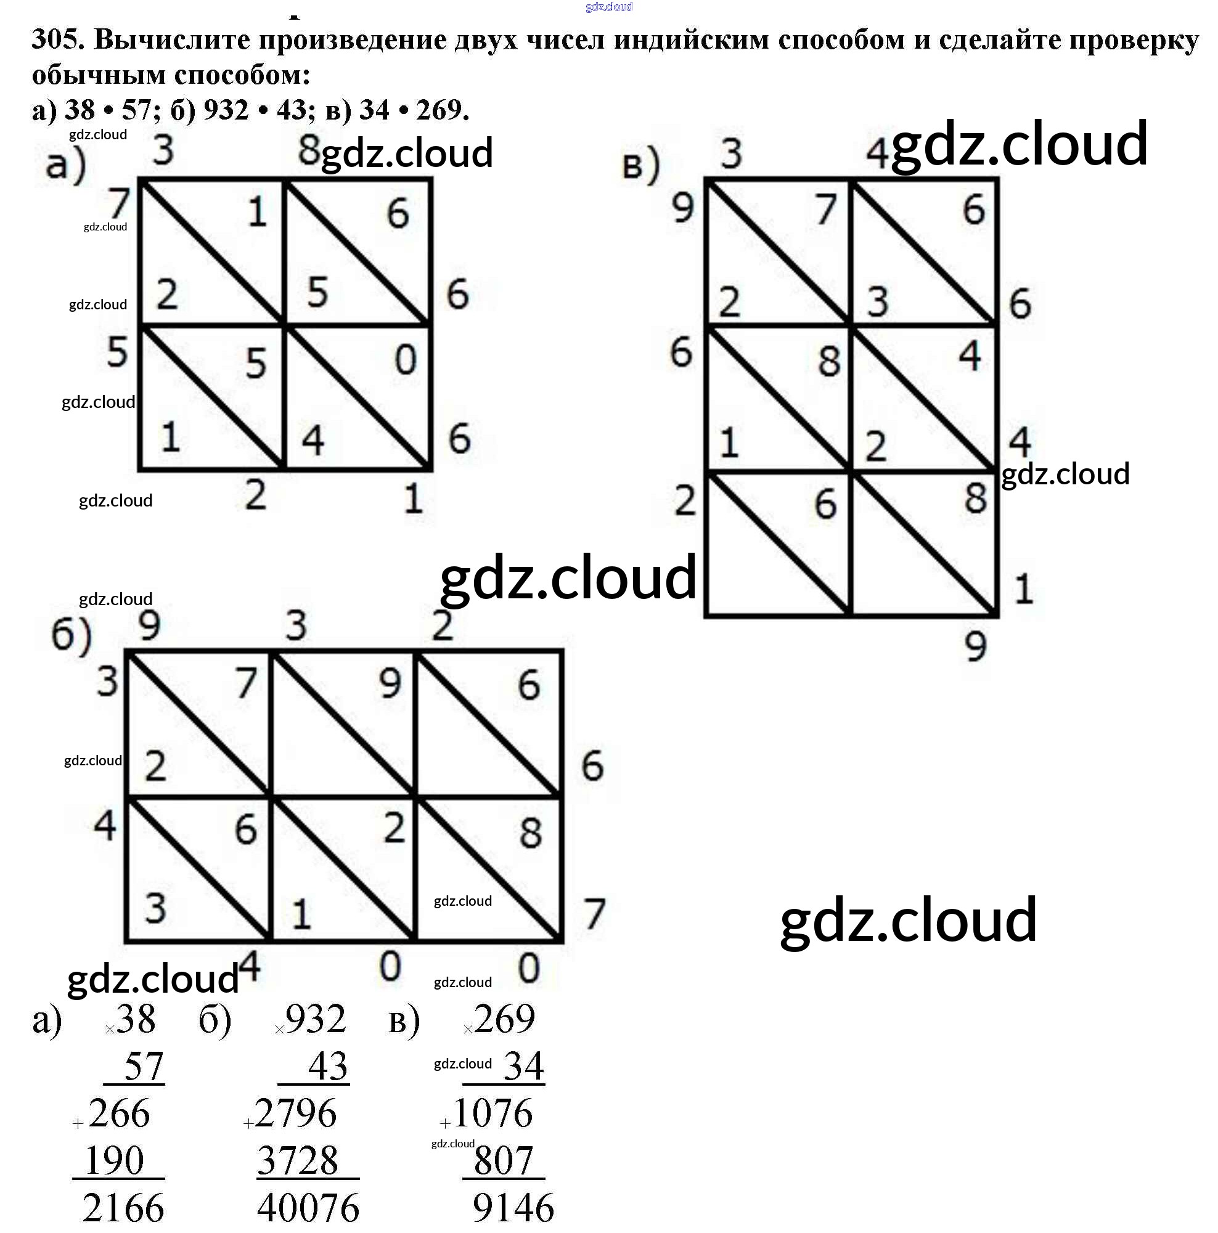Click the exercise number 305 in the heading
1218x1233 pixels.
58,39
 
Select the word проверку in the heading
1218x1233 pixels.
1134,39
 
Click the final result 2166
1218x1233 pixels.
123,1208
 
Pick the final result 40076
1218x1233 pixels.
308,1208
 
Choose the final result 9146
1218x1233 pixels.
513,1208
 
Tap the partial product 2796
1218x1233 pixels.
295,1113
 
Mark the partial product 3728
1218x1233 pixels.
298,1160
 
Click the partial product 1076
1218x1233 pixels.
492,1113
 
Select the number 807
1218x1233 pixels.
503,1160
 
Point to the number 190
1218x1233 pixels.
114,1160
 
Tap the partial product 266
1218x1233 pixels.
119,1113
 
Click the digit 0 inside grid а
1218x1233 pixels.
406,359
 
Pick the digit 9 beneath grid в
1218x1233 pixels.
975,646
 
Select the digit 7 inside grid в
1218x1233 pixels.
825,209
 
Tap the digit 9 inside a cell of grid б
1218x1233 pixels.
390,683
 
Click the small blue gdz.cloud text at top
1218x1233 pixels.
608,7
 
